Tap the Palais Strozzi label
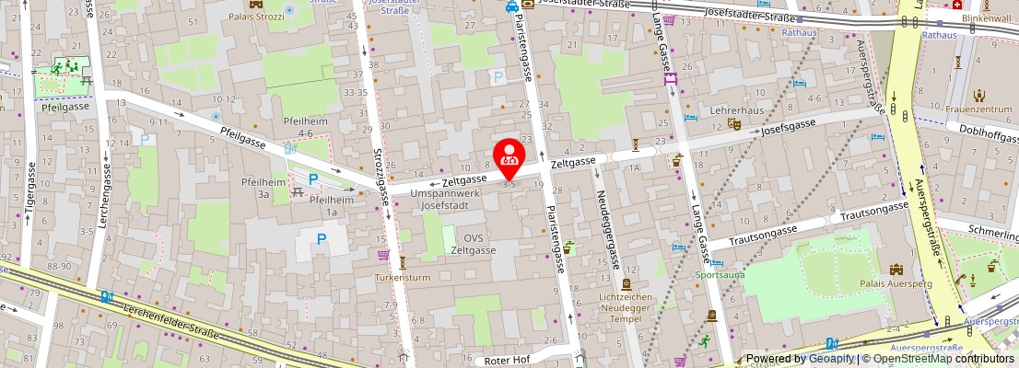[x=257, y=17]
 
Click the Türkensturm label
[x=403, y=277]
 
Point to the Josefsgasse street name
[x=788, y=129]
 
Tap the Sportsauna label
[x=720, y=274]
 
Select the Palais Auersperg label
[x=896, y=283]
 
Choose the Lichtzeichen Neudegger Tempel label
[x=627, y=307]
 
